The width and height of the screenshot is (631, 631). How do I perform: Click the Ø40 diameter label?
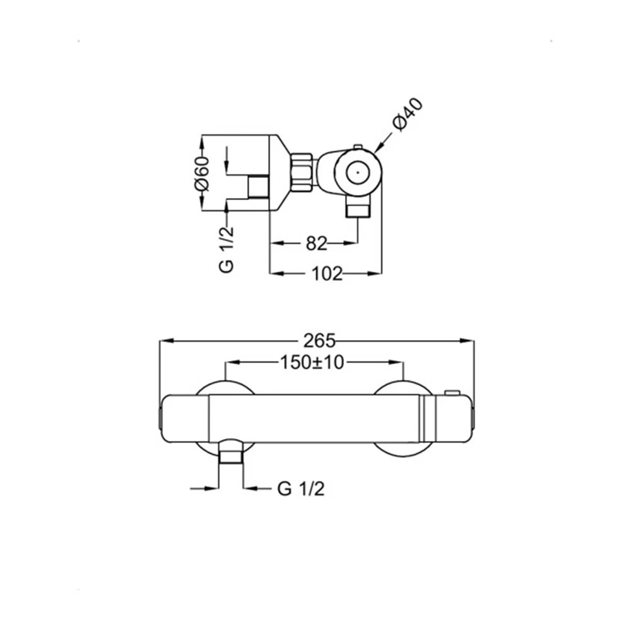coord(408,114)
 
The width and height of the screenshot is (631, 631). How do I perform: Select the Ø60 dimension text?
coord(202,174)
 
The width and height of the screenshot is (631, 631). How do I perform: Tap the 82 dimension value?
coord(316,244)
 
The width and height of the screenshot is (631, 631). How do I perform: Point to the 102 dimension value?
coord(327,274)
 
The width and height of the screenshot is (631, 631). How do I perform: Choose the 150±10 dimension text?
coord(312,363)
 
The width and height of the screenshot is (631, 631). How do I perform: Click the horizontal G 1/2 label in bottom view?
coord(300,489)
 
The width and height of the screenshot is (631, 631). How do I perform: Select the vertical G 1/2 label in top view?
coord(227,249)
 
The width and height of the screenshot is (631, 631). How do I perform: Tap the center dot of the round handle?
coord(358,172)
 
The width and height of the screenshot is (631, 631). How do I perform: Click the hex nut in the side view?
coord(302,172)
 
